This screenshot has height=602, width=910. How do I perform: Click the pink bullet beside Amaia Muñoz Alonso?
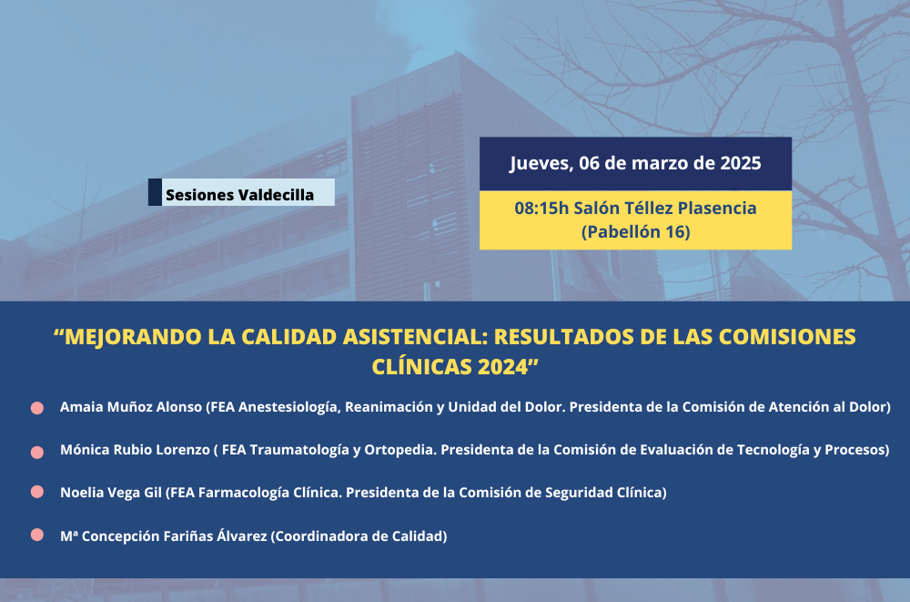(37, 408)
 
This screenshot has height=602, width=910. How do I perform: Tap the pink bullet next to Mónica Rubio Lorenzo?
(37, 452)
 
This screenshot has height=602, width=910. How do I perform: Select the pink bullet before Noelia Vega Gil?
(37, 492)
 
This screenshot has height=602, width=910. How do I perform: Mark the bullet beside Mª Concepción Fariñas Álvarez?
(37, 535)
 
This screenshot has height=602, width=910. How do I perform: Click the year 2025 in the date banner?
(741, 163)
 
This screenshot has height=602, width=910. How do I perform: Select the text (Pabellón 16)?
(635, 232)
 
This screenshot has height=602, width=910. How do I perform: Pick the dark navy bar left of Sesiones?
(155, 192)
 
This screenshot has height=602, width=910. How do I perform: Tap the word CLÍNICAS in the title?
(422, 367)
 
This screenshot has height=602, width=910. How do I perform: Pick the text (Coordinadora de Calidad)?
(359, 536)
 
